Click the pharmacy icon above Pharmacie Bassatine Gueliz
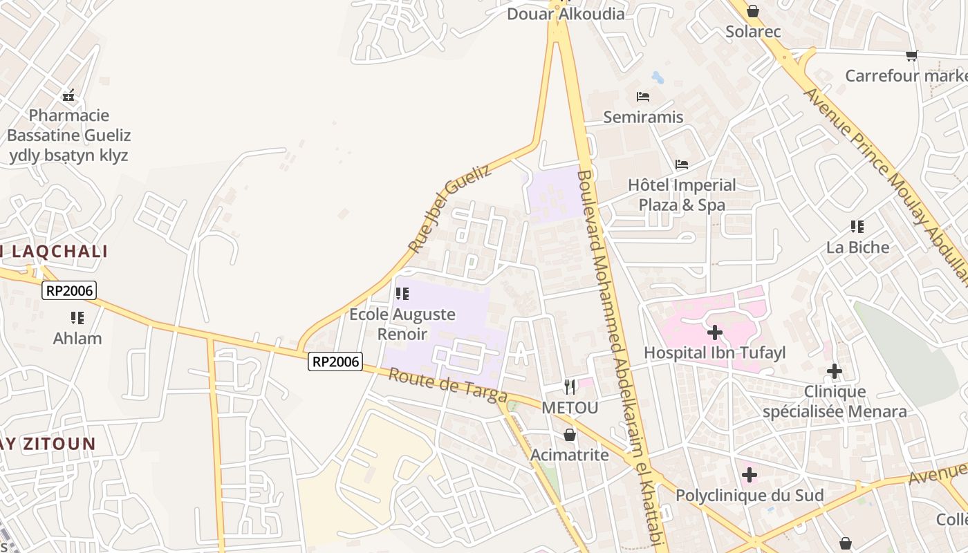[x=68, y=95]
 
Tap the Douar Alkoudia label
[x=566, y=14]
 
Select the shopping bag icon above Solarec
[x=753, y=11]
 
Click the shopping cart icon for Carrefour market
[x=912, y=55]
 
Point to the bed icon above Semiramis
[x=643, y=97]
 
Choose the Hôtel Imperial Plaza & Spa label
[x=682, y=195]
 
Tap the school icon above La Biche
[x=857, y=227]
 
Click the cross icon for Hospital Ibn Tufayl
[x=715, y=333]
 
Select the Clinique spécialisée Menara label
[x=835, y=402]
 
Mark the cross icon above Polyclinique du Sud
[x=750, y=476]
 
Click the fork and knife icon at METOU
[x=570, y=387]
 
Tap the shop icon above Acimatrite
[x=570, y=435]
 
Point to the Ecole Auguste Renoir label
[x=402, y=324]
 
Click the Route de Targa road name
[x=447, y=386]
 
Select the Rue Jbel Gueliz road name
[x=449, y=208]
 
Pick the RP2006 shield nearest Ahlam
[x=68, y=290]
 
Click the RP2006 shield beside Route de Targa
[x=335, y=361]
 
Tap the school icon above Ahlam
[x=77, y=318]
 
